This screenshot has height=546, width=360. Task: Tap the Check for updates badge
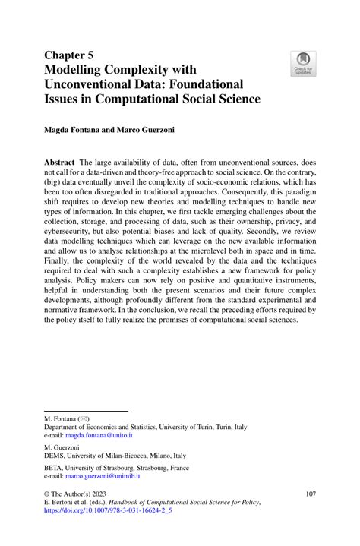(x=304, y=64)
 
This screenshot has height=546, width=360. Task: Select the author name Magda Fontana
(x=77, y=131)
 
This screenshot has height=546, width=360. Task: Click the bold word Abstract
(x=60, y=163)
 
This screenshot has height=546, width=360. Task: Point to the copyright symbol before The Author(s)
(x=47, y=494)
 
